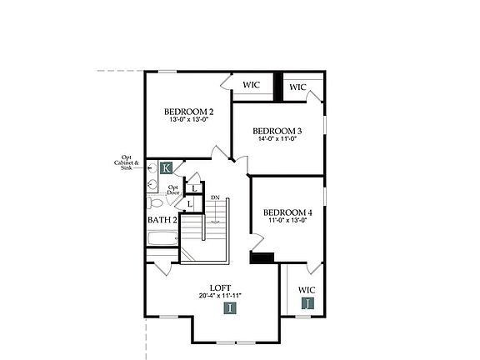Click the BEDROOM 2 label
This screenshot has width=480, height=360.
coord(188,112)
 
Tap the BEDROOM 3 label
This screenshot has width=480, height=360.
coord(277,131)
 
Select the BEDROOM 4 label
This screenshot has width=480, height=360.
coord(287,212)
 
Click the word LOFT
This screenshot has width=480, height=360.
coord(220,287)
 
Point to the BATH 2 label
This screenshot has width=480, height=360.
coord(162,220)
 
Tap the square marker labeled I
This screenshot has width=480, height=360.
coord(231,307)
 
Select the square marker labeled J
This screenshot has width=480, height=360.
coord(308,303)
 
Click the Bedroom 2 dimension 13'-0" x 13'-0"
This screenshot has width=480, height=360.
coord(188,120)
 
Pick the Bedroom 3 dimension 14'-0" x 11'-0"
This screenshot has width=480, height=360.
coord(277,139)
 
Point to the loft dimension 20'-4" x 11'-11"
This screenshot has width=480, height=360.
coord(221,295)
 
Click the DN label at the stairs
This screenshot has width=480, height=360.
coord(215,197)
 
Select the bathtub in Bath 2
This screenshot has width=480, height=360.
coord(162,239)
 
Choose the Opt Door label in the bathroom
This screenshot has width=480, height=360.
coord(173,190)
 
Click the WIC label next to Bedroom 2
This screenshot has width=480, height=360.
coord(251,85)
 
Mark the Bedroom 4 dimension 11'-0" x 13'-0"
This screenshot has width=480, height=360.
coord(287,221)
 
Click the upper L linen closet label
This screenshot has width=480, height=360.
coord(192,187)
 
